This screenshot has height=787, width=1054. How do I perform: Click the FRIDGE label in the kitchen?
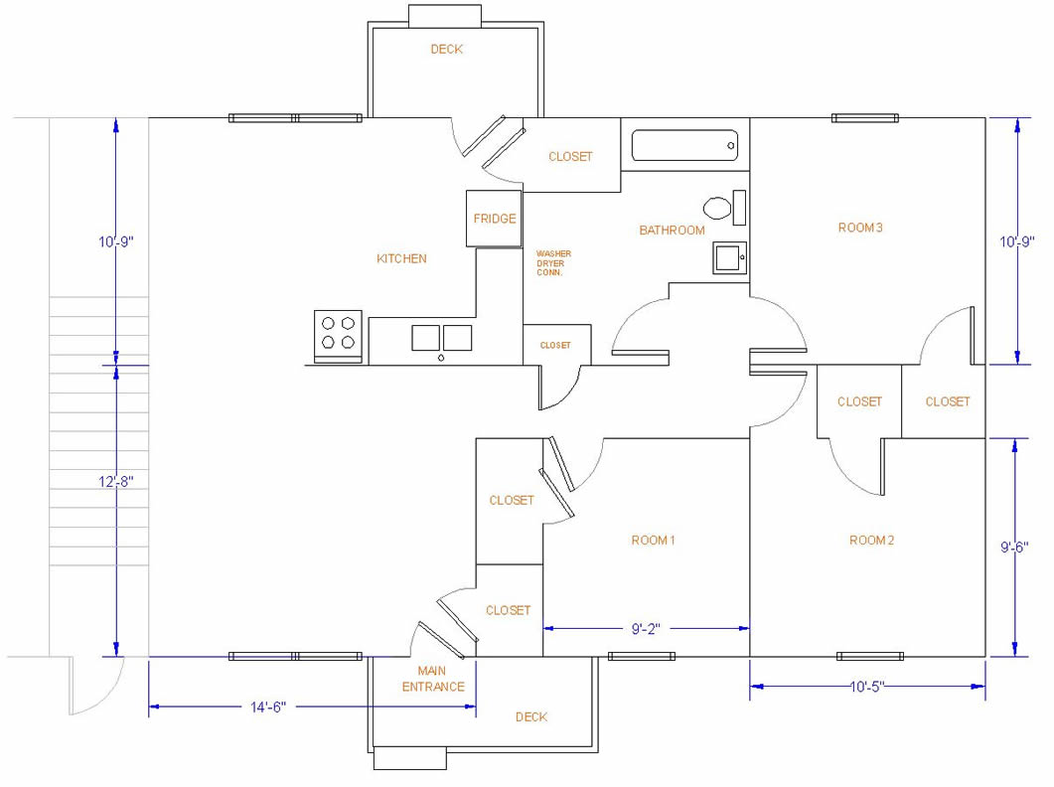point(494,219)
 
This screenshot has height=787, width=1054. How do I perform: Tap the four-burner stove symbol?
point(337,333)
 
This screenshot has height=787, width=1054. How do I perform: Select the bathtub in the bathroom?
point(685,146)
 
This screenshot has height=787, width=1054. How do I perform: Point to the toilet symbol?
point(717,209)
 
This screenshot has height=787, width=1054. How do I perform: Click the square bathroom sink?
point(728,257)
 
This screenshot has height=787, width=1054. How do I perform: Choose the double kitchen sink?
point(442,338)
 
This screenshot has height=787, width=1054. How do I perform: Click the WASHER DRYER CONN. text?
point(553,262)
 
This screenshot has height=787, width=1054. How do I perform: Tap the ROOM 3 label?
point(860,228)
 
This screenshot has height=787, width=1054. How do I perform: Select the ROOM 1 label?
point(653,540)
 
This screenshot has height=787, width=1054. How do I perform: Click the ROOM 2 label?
point(871,540)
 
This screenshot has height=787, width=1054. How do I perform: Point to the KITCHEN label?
point(401,258)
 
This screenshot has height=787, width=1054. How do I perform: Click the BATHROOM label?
point(672,231)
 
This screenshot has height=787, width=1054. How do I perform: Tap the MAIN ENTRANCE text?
point(433,679)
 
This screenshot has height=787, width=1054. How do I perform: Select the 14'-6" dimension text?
point(267,708)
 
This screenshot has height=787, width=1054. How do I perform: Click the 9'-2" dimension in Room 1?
point(646,628)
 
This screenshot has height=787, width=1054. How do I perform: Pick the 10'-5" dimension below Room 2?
point(867,686)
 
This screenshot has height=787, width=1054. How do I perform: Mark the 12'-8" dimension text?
point(116,481)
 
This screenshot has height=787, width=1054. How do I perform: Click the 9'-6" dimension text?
point(1013,547)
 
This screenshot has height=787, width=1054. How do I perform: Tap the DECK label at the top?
point(446,50)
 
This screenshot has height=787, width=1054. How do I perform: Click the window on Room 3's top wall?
point(864,118)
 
